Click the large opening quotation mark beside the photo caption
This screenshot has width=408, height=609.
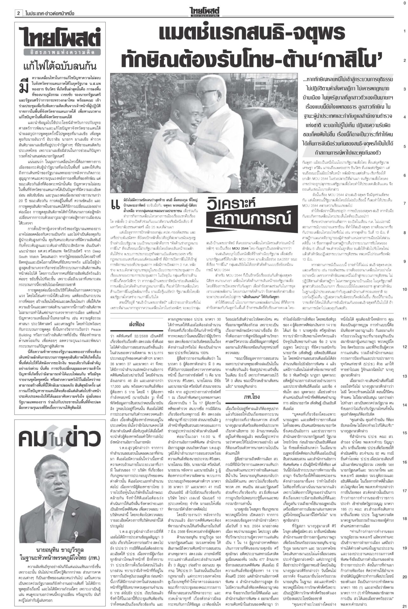click(114, 206)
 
